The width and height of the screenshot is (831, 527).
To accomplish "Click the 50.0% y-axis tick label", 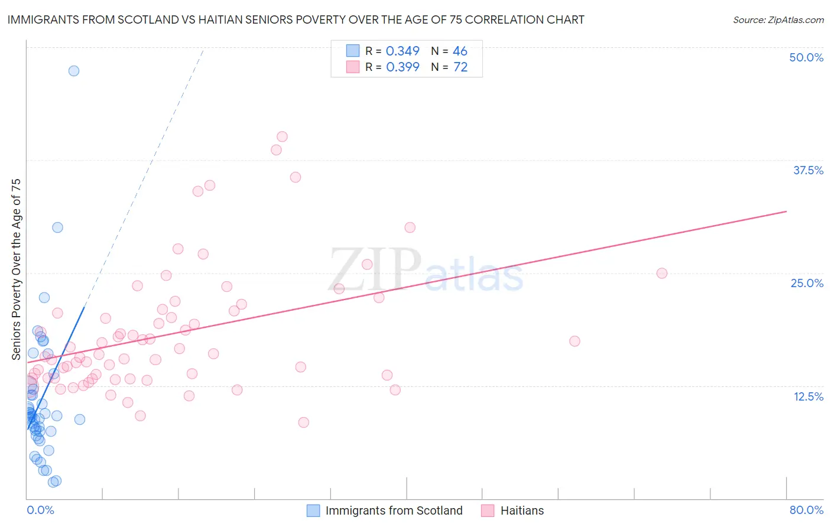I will click(806, 57).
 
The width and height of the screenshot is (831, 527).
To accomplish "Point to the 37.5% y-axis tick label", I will click(808, 170).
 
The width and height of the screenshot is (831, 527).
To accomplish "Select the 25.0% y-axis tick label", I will click(807, 283).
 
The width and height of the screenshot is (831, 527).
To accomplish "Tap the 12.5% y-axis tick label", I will click(808, 396).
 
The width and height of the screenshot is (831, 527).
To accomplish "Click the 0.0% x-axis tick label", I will click(40, 510).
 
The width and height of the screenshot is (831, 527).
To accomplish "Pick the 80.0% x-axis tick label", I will click(806, 510).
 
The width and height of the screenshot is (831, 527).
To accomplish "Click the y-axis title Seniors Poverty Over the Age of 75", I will click(16, 269).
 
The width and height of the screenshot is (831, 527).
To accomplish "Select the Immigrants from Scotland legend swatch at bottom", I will click(313, 510).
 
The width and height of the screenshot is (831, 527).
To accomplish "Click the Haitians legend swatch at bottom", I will click(488, 510).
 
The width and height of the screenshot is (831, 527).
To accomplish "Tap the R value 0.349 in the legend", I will click(402, 51).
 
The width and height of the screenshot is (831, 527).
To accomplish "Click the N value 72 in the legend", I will click(460, 67).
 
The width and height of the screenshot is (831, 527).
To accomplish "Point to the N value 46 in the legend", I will click(460, 51).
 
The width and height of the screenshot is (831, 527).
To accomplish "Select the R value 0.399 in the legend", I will click(402, 67).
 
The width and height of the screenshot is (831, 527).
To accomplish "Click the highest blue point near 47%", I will click(74, 71).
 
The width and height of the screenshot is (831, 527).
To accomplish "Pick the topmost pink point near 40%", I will click(282, 136).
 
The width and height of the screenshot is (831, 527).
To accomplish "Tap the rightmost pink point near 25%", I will click(662, 273).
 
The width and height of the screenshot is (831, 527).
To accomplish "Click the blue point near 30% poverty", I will click(57, 227).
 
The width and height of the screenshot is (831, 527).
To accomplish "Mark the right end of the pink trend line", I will click(786, 211).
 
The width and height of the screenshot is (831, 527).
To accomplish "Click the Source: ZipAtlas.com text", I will click(778, 20).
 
